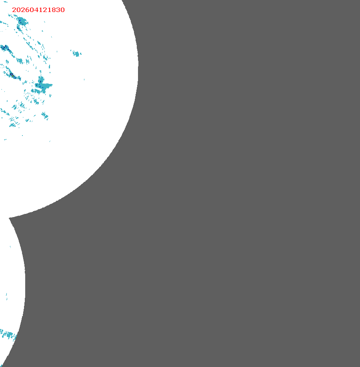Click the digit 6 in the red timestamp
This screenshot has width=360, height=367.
pos(30,10)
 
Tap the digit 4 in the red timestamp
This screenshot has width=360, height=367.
pos(38,10)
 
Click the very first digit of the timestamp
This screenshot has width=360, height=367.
pos(14,10)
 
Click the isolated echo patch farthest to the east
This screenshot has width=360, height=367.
pos(76,53)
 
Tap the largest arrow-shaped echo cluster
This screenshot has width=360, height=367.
pos(42,86)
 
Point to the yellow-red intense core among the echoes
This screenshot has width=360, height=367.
pos(12,75)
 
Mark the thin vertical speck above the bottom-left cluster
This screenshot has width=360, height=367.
pos(7,296)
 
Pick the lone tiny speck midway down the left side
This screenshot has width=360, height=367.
pos(10,247)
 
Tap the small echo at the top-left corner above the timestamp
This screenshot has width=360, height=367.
pos(5,2)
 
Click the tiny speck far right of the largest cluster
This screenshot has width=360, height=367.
pos(84,80)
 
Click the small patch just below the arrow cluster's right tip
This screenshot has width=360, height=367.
pos(50,95)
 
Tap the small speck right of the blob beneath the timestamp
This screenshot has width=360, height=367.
pos(42,31)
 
